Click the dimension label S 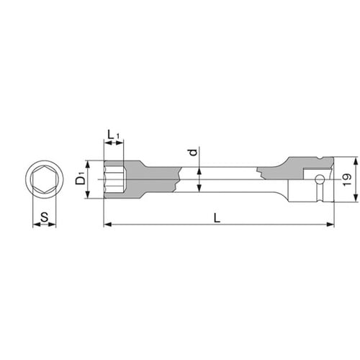pyautogui.click(x=45, y=217)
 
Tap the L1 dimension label pyautogui.click(x=113, y=135)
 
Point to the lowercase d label pyautogui.click(x=193, y=152)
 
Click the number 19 pyautogui.click(x=347, y=179)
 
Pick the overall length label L pyautogui.click(x=217, y=218)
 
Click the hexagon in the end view pyautogui.click(x=45, y=179)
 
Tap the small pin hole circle pyautogui.click(x=320, y=179)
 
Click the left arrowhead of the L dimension pyautogui.click(x=108, y=225)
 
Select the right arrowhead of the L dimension pyautogui.click(x=330, y=225)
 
